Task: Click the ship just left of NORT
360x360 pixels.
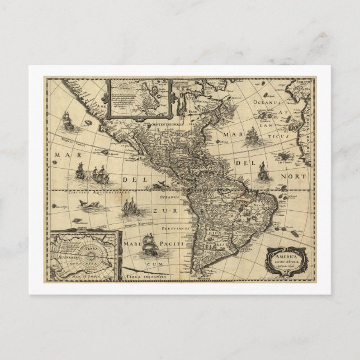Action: tap(261, 170)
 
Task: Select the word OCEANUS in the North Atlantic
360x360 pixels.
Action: tap(265, 103)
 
